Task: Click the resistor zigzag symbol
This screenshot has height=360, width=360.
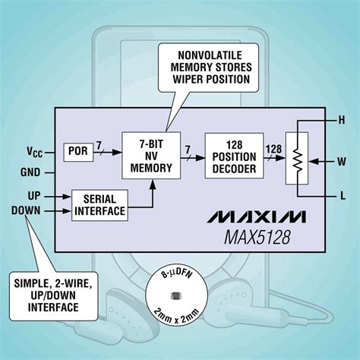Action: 299,161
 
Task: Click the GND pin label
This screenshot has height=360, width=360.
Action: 30,172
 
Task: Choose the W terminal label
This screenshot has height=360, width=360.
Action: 340,160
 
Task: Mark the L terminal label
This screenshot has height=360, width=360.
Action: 340,196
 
